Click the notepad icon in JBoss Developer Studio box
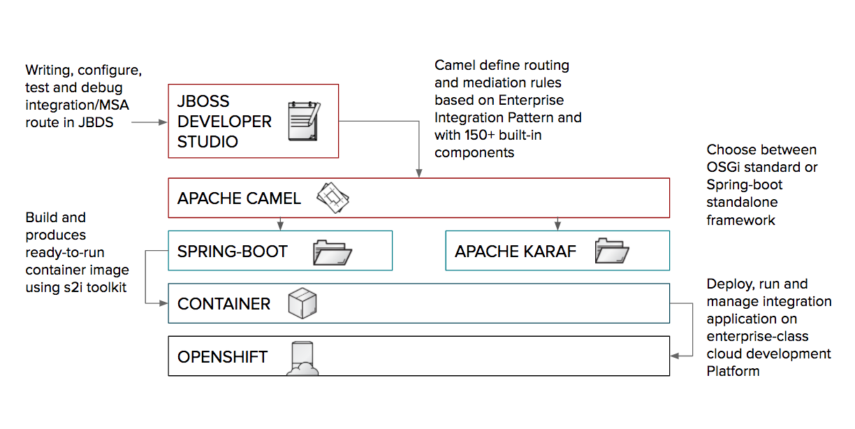[x=305, y=121]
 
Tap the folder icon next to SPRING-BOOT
[x=332, y=252]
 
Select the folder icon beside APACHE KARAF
[x=612, y=252]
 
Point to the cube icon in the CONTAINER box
[x=303, y=303]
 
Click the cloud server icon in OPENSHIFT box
[x=304, y=358]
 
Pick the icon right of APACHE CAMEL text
[x=332, y=198]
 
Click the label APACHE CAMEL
[x=239, y=198]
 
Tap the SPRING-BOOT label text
[x=233, y=252]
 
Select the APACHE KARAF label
[x=516, y=252]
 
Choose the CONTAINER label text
[x=224, y=304]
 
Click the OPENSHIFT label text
[x=222, y=357]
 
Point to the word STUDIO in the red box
[x=207, y=142]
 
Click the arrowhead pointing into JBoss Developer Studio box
[x=164, y=122]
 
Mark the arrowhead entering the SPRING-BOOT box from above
[x=280, y=226]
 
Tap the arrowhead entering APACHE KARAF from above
[x=557, y=226]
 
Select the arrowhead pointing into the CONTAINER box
[x=164, y=303]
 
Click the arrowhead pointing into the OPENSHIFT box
[x=674, y=356]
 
